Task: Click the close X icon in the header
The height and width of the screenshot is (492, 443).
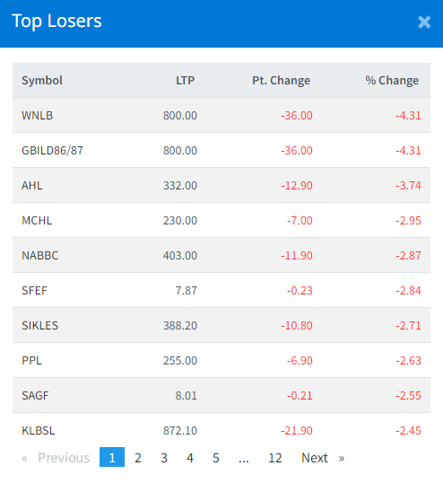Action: pyautogui.click(x=424, y=22)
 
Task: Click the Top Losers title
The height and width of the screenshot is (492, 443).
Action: pyautogui.click(x=56, y=22)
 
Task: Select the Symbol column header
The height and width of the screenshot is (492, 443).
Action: pyautogui.click(x=42, y=80)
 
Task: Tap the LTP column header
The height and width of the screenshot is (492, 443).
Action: pyautogui.click(x=185, y=80)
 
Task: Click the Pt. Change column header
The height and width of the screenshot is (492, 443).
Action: pyautogui.click(x=282, y=80)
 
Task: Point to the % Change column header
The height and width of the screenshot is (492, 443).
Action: pyautogui.click(x=392, y=80)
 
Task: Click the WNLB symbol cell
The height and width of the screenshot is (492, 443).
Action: pyautogui.click(x=38, y=116)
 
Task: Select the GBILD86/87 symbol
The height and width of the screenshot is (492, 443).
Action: pyautogui.click(x=52, y=150)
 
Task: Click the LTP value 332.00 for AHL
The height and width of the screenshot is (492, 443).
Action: pyautogui.click(x=180, y=186)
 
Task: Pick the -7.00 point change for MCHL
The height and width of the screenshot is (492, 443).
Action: pyautogui.click(x=300, y=221)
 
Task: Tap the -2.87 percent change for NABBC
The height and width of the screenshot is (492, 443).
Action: pyautogui.click(x=408, y=255)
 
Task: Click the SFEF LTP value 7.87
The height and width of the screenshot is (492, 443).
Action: pyautogui.click(x=187, y=291)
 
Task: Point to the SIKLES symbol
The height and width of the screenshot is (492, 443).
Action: pyautogui.click(x=39, y=325)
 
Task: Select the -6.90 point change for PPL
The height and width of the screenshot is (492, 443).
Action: pyautogui.click(x=300, y=361)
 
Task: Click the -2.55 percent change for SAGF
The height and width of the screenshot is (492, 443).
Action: pyautogui.click(x=408, y=395)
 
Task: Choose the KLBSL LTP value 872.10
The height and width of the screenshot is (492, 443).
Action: pyautogui.click(x=180, y=431)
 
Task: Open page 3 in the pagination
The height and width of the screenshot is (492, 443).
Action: pyautogui.click(x=163, y=458)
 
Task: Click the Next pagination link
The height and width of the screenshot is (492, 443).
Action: pyautogui.click(x=315, y=458)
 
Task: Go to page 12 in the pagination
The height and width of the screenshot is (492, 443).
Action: pyautogui.click(x=275, y=458)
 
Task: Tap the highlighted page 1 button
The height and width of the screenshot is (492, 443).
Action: pyautogui.click(x=112, y=457)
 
